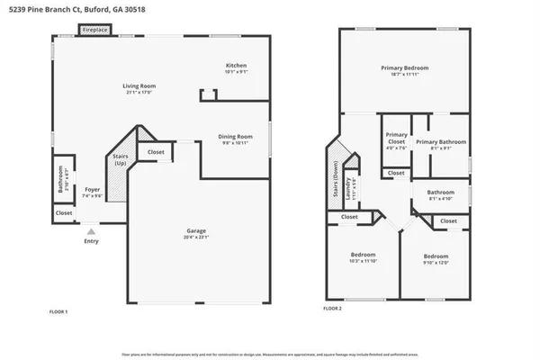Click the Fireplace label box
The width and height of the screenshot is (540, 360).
tap(95, 30)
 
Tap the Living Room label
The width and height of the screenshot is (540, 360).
tap(138, 86)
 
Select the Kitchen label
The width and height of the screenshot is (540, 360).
tap(236, 65)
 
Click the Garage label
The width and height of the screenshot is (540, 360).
tap(196, 230)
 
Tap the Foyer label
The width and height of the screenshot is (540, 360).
tap(92, 189)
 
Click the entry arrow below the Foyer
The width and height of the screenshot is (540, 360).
tap(89, 231)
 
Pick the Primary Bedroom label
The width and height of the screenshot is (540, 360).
tap(404, 67)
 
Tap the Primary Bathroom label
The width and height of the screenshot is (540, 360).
tap(440, 142)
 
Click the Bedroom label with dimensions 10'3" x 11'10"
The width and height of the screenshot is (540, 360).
tap(364, 255)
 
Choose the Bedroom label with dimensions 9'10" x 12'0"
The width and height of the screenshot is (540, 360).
tap(436, 255)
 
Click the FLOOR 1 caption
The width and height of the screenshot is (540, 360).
tap(58, 311)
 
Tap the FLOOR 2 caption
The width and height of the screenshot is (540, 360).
tap(332, 309)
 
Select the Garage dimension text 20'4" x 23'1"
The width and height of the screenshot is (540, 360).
tap(196, 237)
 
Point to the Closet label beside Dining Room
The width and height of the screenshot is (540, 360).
tap(156, 152)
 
